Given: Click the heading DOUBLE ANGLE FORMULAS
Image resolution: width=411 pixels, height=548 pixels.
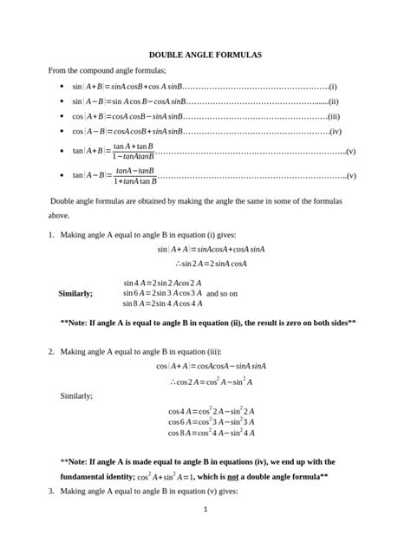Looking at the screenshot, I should [205, 55].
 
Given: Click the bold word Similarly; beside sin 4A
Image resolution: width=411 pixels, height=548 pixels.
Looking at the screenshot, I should [75, 293].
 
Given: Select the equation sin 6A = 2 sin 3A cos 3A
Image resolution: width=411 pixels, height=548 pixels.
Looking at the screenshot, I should [162, 293].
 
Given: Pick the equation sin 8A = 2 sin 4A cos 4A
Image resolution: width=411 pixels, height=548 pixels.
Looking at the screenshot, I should [162, 303].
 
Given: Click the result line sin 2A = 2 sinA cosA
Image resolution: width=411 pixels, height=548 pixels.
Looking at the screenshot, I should [208, 264].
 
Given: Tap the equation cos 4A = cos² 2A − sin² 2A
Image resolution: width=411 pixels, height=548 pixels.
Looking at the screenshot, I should [211, 411].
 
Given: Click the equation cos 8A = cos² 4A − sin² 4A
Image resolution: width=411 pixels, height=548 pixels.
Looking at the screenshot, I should [211, 432].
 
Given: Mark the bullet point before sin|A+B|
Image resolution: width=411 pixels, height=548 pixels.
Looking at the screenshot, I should [59, 88].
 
